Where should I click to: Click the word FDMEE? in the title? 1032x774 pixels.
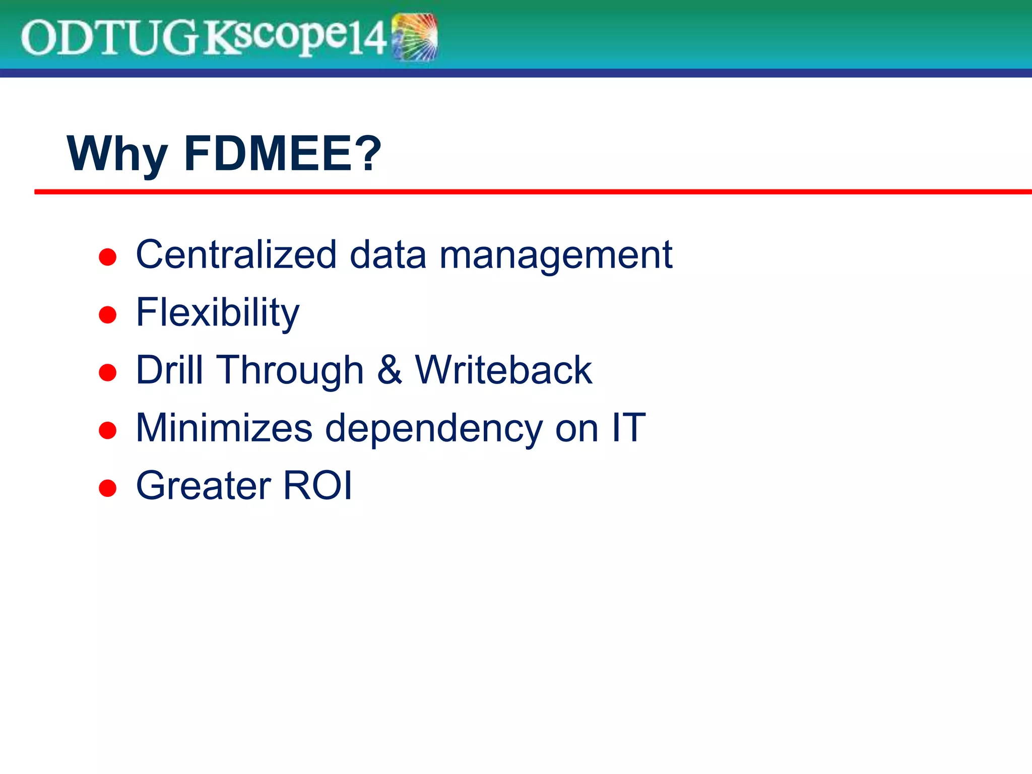point(283,153)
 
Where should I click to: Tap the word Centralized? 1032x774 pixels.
point(236,254)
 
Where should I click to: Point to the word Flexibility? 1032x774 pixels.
point(218,313)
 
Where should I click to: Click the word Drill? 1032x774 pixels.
point(169,370)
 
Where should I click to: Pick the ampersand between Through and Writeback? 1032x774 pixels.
point(390,370)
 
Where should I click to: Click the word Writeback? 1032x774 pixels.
point(503,370)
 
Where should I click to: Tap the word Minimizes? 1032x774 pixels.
point(224,428)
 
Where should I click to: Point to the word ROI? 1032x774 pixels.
point(317,485)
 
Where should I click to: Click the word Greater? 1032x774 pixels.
point(204,485)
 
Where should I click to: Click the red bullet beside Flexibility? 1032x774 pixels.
point(108,315)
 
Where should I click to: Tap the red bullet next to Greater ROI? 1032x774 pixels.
point(108,488)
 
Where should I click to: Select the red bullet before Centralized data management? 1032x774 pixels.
point(108,257)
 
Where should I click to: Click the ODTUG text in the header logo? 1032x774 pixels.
point(108,38)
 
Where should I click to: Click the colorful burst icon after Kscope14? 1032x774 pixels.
point(415,37)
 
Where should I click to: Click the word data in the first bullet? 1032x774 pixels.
point(388,254)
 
